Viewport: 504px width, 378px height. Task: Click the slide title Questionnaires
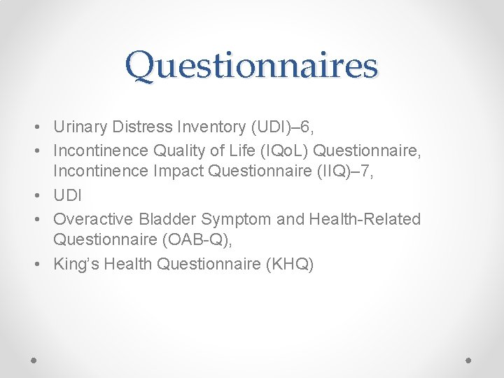pos(251,65)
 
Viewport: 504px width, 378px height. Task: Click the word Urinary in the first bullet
pos(79,127)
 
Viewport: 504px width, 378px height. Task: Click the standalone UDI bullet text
pos(68,196)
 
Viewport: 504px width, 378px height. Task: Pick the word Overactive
pos(89,219)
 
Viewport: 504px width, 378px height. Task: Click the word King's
pos(76,264)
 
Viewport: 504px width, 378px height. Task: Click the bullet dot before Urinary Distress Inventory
pos(35,128)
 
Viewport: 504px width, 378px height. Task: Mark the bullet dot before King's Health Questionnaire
pos(35,265)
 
